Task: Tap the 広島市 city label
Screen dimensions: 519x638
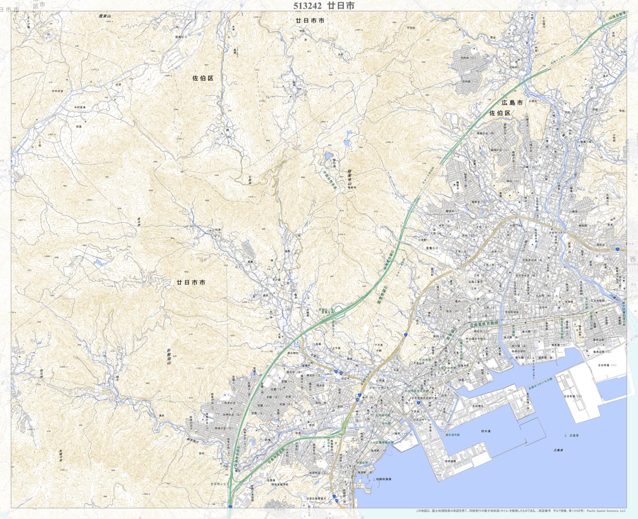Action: [512, 103]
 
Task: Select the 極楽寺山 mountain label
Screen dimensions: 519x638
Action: [348, 181]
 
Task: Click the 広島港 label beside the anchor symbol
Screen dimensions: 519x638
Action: [573, 436]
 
